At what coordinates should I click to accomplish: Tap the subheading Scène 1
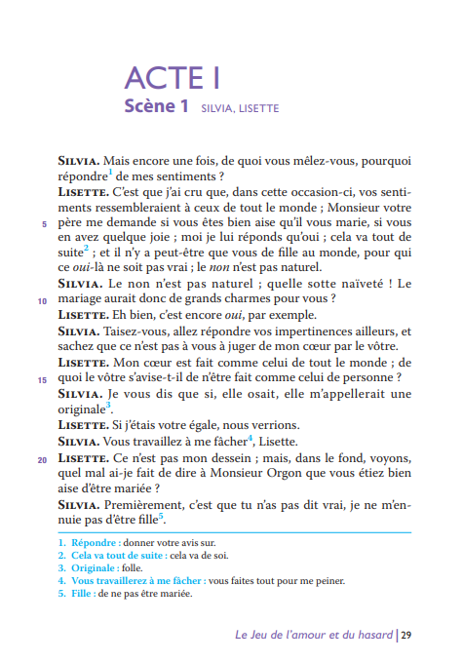click(x=156, y=106)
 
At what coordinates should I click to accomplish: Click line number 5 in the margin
click(x=43, y=223)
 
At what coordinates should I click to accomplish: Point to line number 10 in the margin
click(x=41, y=300)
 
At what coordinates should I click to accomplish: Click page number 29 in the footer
click(x=405, y=635)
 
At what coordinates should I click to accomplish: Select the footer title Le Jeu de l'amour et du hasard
click(x=313, y=635)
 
